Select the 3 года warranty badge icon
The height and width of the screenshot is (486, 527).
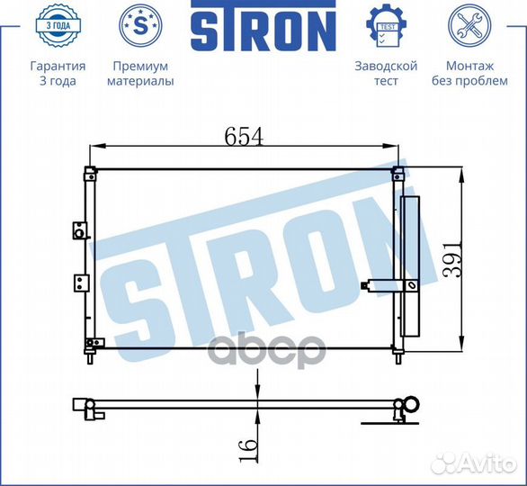coord(58,25)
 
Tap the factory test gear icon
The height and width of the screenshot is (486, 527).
coord(386,25)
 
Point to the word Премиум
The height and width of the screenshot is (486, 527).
coord(139,66)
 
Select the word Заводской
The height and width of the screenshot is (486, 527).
coord(386,66)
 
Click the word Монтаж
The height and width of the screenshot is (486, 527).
coord(469,66)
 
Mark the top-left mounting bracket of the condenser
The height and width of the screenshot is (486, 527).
coord(90,172)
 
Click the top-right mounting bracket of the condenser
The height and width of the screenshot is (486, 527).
coord(399,172)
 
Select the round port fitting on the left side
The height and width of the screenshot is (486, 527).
coord(79,235)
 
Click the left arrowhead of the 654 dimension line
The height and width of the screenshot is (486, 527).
coord(100,147)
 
